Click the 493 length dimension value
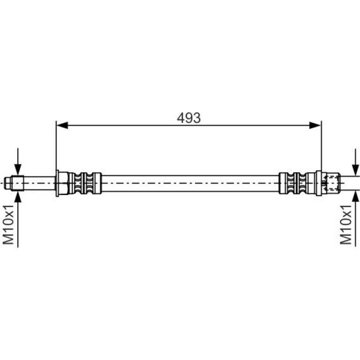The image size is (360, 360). click(x=189, y=118)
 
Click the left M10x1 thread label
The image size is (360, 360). click(x=9, y=225)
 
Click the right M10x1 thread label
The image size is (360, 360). click(x=346, y=225)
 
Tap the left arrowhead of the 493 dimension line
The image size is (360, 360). click(x=62, y=125)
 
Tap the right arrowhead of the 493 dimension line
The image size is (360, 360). click(x=315, y=125)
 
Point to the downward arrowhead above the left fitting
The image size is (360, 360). click(x=18, y=169)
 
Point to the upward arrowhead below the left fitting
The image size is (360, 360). click(x=18, y=197)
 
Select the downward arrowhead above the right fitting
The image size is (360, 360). click(x=355, y=170)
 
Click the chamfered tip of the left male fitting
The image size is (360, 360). click(x=7, y=183)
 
